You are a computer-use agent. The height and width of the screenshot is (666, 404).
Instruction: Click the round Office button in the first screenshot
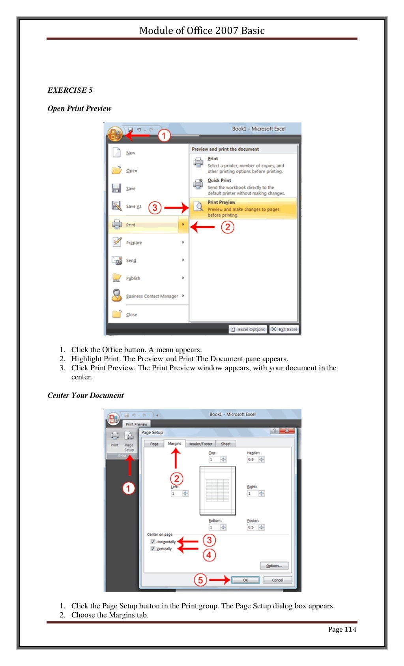[x=115, y=135]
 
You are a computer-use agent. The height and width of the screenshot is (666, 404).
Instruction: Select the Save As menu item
[x=133, y=206]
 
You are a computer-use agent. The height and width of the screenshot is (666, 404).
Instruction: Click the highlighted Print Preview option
[x=243, y=208]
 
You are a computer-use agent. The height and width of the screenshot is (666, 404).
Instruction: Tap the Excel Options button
[x=248, y=329]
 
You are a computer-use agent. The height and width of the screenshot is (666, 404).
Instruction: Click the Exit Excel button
[x=284, y=329]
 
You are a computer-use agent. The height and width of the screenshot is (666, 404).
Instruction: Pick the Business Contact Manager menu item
[x=151, y=296]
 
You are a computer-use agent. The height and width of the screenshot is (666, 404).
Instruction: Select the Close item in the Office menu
[x=131, y=315]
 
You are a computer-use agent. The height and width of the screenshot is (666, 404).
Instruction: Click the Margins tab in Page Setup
[x=174, y=444]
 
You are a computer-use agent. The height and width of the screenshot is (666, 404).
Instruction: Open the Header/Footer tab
[x=200, y=444]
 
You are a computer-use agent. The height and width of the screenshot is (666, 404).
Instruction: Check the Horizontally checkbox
[x=153, y=542]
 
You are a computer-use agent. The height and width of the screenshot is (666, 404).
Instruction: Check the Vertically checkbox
[x=153, y=549]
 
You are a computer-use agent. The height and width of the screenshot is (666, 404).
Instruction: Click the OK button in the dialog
[x=245, y=580]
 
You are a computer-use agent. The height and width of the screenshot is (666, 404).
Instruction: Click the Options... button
[x=274, y=566]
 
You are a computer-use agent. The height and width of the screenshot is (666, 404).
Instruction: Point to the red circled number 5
[x=200, y=580]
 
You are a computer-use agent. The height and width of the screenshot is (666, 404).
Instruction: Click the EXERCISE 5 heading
[x=70, y=90]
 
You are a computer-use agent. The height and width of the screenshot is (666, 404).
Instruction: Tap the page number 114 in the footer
[x=342, y=629]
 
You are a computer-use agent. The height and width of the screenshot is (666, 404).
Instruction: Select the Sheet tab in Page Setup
[x=226, y=444]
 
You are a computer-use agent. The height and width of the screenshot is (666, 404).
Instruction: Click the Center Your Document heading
[x=86, y=396]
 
